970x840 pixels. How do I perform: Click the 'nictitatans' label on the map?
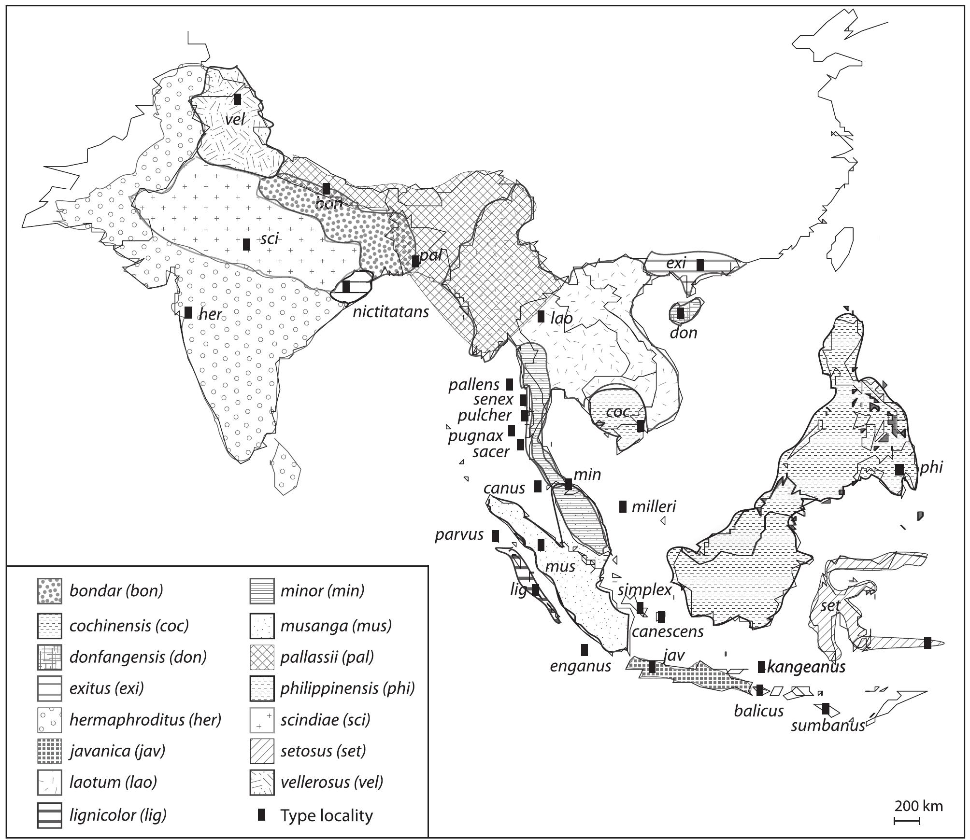pos(390,312)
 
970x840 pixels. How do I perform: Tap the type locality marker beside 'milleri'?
pos(623,506)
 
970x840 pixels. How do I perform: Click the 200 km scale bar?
pos(907,821)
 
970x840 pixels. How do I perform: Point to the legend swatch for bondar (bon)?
pos(49,591)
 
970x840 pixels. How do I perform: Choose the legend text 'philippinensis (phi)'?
pos(347,688)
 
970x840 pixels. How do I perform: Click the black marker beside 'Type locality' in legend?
pos(262,815)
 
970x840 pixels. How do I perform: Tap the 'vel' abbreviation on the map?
pos(235,119)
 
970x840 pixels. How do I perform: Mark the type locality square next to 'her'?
pos(188,312)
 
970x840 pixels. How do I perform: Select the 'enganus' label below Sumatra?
pos(580,667)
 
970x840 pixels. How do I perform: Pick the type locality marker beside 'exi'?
pos(700,265)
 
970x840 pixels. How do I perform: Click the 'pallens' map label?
pos(474,385)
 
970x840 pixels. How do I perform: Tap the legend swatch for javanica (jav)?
pos(49,751)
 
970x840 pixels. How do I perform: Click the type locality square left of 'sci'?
pos(246,244)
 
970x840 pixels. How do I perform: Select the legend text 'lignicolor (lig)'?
pos(118,815)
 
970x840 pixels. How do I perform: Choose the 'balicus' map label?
pos(758,711)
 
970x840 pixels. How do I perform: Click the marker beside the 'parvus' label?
pos(495,536)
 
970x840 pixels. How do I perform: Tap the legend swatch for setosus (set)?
pos(262,751)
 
